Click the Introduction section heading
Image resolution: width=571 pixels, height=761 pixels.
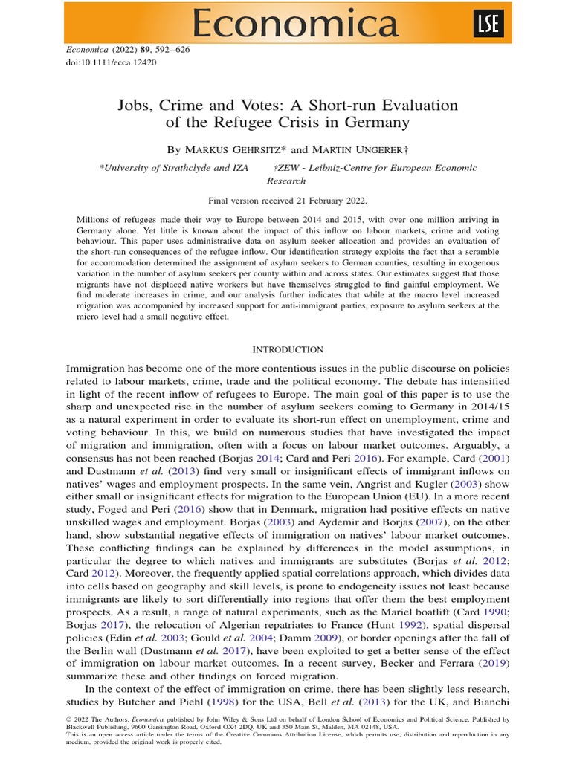click(288, 349)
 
